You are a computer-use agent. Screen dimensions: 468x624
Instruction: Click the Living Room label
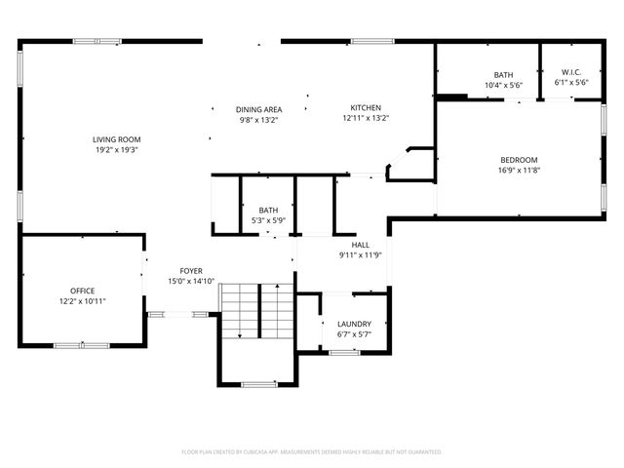(x=117, y=139)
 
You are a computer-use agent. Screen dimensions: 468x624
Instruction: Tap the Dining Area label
(x=259, y=109)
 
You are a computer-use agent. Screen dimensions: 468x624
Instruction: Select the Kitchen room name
(x=366, y=107)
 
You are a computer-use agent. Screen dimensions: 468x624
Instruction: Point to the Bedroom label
(x=519, y=160)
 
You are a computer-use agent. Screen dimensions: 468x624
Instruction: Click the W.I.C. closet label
(x=570, y=74)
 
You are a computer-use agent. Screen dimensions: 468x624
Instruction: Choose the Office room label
(x=82, y=291)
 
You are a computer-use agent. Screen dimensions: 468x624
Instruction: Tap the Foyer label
(x=190, y=270)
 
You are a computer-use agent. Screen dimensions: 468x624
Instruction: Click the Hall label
(x=361, y=245)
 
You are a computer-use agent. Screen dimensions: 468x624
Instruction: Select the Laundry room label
(x=354, y=324)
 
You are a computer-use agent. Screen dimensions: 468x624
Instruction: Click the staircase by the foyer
(x=256, y=311)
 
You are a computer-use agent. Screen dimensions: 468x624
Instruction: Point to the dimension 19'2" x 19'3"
(x=117, y=150)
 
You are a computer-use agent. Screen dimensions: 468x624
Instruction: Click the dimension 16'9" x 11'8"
(x=519, y=171)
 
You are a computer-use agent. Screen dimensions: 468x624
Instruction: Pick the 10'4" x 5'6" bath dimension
(x=503, y=85)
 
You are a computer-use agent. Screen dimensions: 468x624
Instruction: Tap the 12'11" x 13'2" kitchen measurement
(x=366, y=118)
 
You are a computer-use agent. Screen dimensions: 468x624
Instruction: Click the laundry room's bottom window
(x=344, y=352)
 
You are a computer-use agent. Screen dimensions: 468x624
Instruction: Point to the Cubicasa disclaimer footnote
(x=312, y=451)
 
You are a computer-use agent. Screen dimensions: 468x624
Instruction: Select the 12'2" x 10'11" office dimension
(x=82, y=301)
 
